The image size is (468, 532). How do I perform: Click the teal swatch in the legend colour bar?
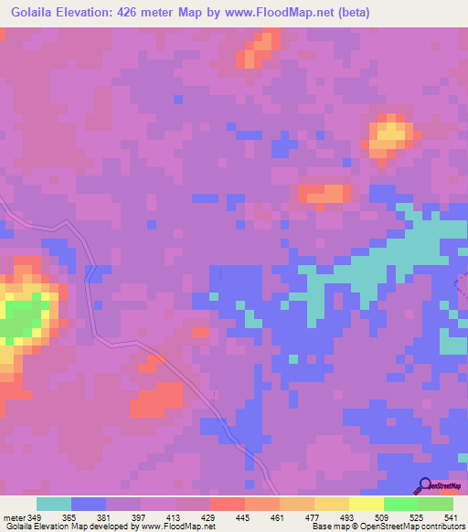(54, 504)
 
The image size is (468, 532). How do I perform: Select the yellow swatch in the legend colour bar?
(332, 504)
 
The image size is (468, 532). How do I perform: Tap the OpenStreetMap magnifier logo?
(424, 485)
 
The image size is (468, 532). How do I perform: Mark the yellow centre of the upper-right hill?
(390, 134)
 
